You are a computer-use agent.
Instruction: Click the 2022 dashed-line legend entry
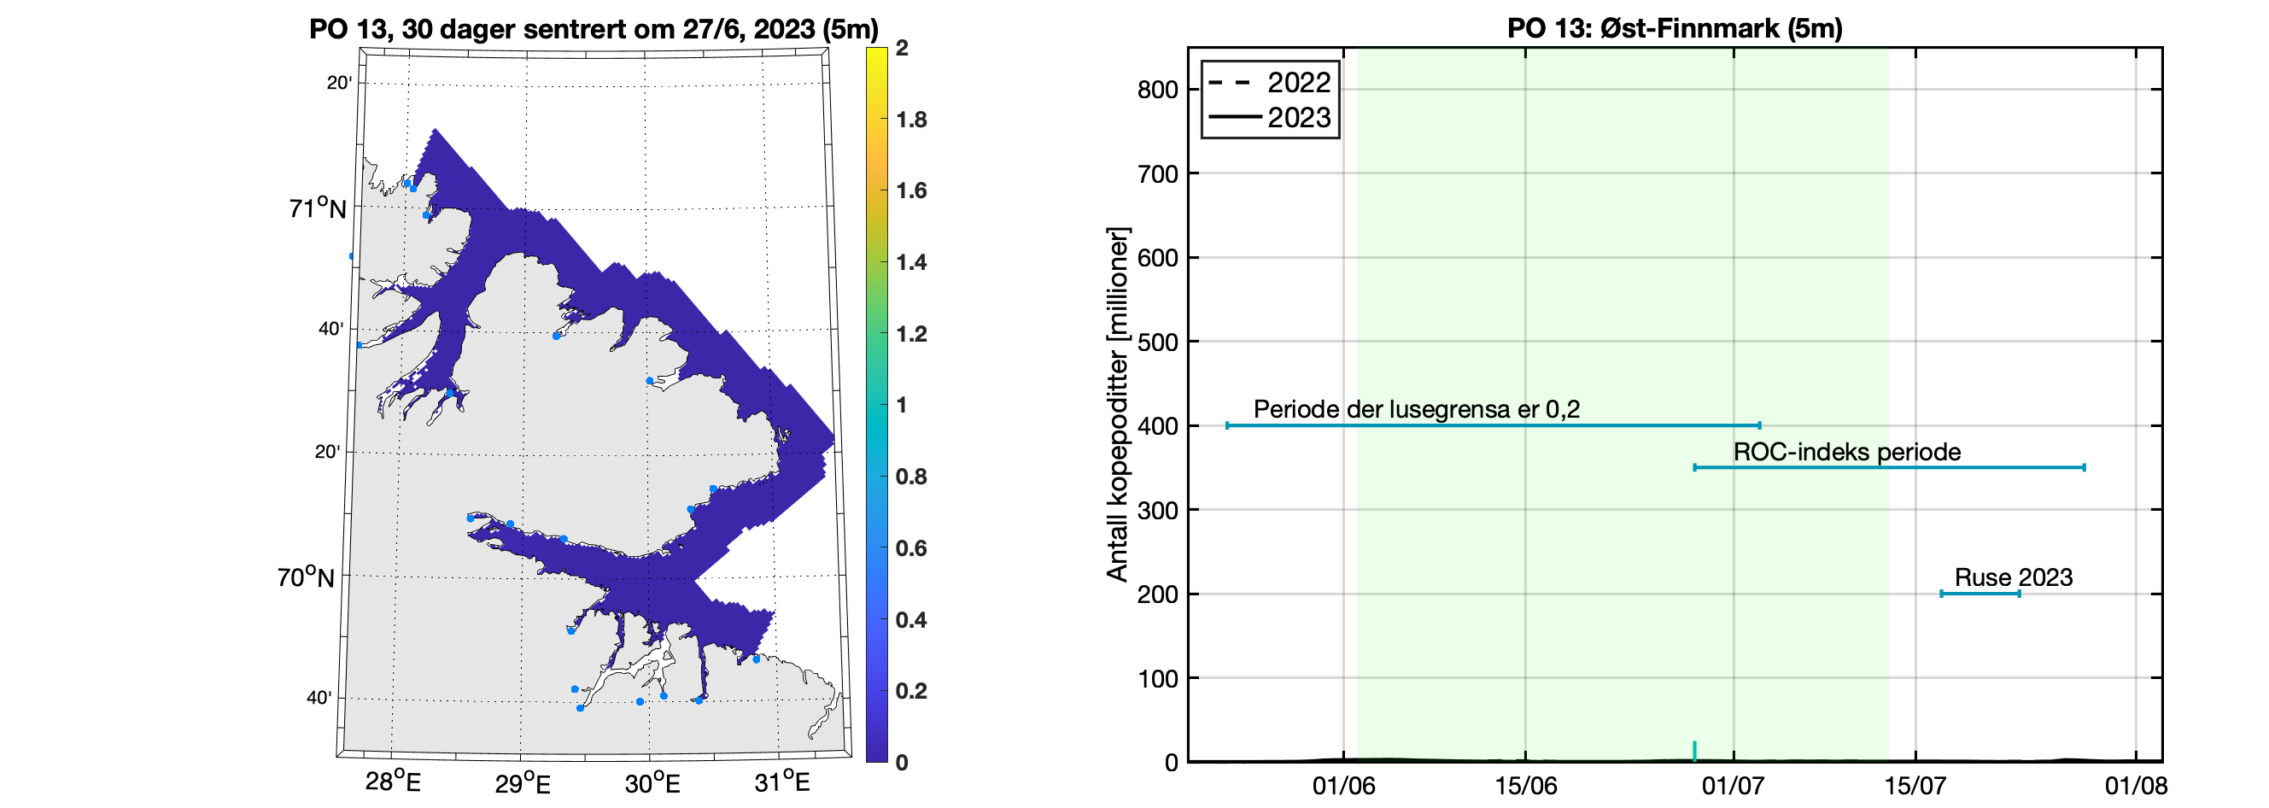1268,83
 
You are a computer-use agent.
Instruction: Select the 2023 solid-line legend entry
1268,117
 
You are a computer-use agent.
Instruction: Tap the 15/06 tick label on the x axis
1525,785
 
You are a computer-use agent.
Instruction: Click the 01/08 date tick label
2136,785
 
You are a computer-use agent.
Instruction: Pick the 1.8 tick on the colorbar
911,120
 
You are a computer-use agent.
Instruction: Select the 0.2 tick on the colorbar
911,691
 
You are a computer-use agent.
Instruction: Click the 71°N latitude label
317,208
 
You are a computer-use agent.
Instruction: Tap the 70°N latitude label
306,577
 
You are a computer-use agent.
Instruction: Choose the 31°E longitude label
781,782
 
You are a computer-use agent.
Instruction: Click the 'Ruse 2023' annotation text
2014,578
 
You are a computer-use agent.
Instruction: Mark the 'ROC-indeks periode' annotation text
1847,452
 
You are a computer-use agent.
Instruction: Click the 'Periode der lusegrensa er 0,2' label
1417,410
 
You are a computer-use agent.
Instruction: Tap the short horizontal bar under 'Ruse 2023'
1980,594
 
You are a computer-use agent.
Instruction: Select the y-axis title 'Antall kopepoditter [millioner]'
1117,406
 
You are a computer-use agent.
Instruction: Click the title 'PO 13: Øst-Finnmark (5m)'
1675,28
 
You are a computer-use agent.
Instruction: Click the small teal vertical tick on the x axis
1693,751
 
